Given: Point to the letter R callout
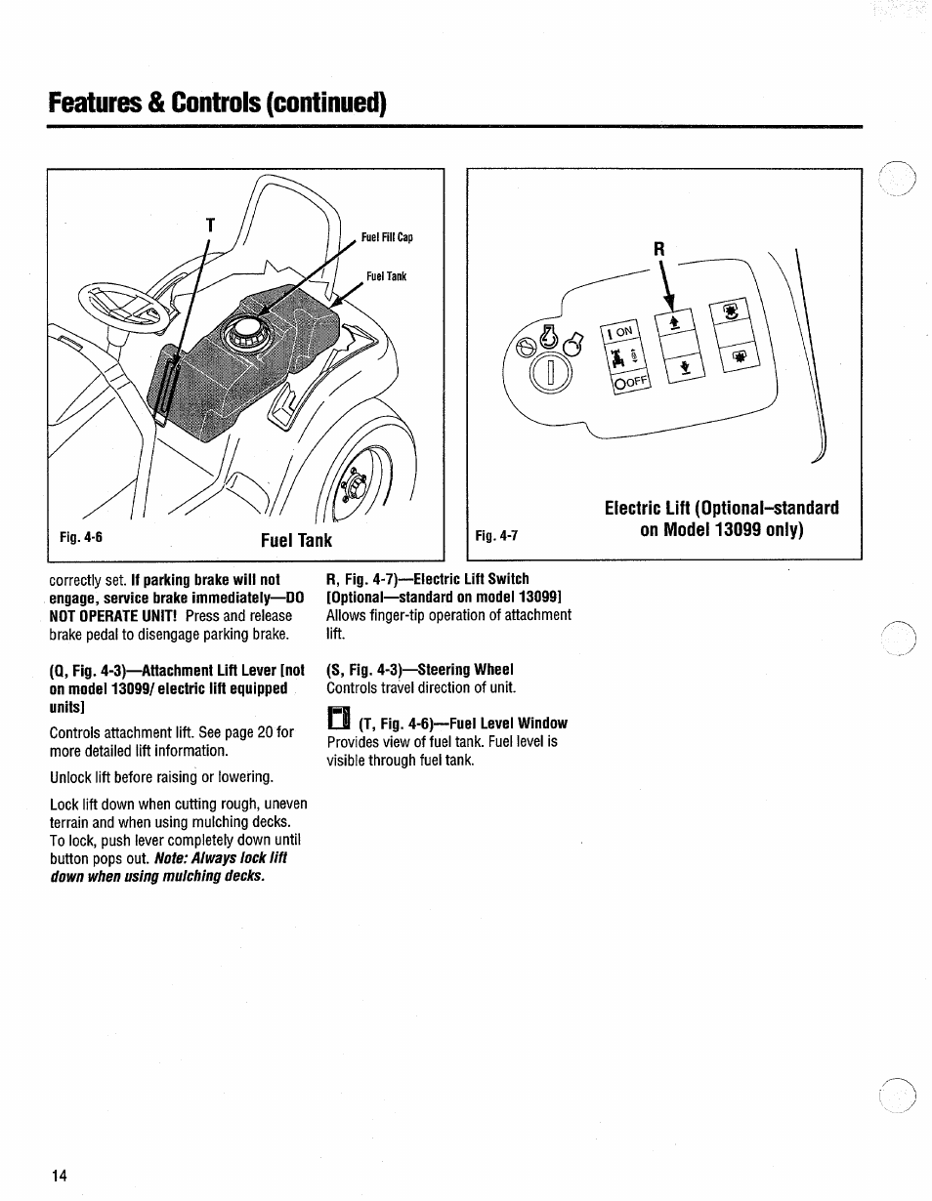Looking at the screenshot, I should [x=659, y=250].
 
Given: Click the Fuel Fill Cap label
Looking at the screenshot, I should [x=388, y=237].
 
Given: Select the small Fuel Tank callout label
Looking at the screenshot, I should [x=386, y=276].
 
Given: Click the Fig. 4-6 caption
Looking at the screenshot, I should [x=81, y=537].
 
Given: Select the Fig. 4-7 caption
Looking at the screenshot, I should [x=495, y=536].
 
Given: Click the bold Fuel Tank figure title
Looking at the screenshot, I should [x=296, y=540].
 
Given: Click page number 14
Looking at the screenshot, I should [x=60, y=1176].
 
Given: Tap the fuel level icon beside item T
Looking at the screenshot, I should [x=337, y=720].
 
